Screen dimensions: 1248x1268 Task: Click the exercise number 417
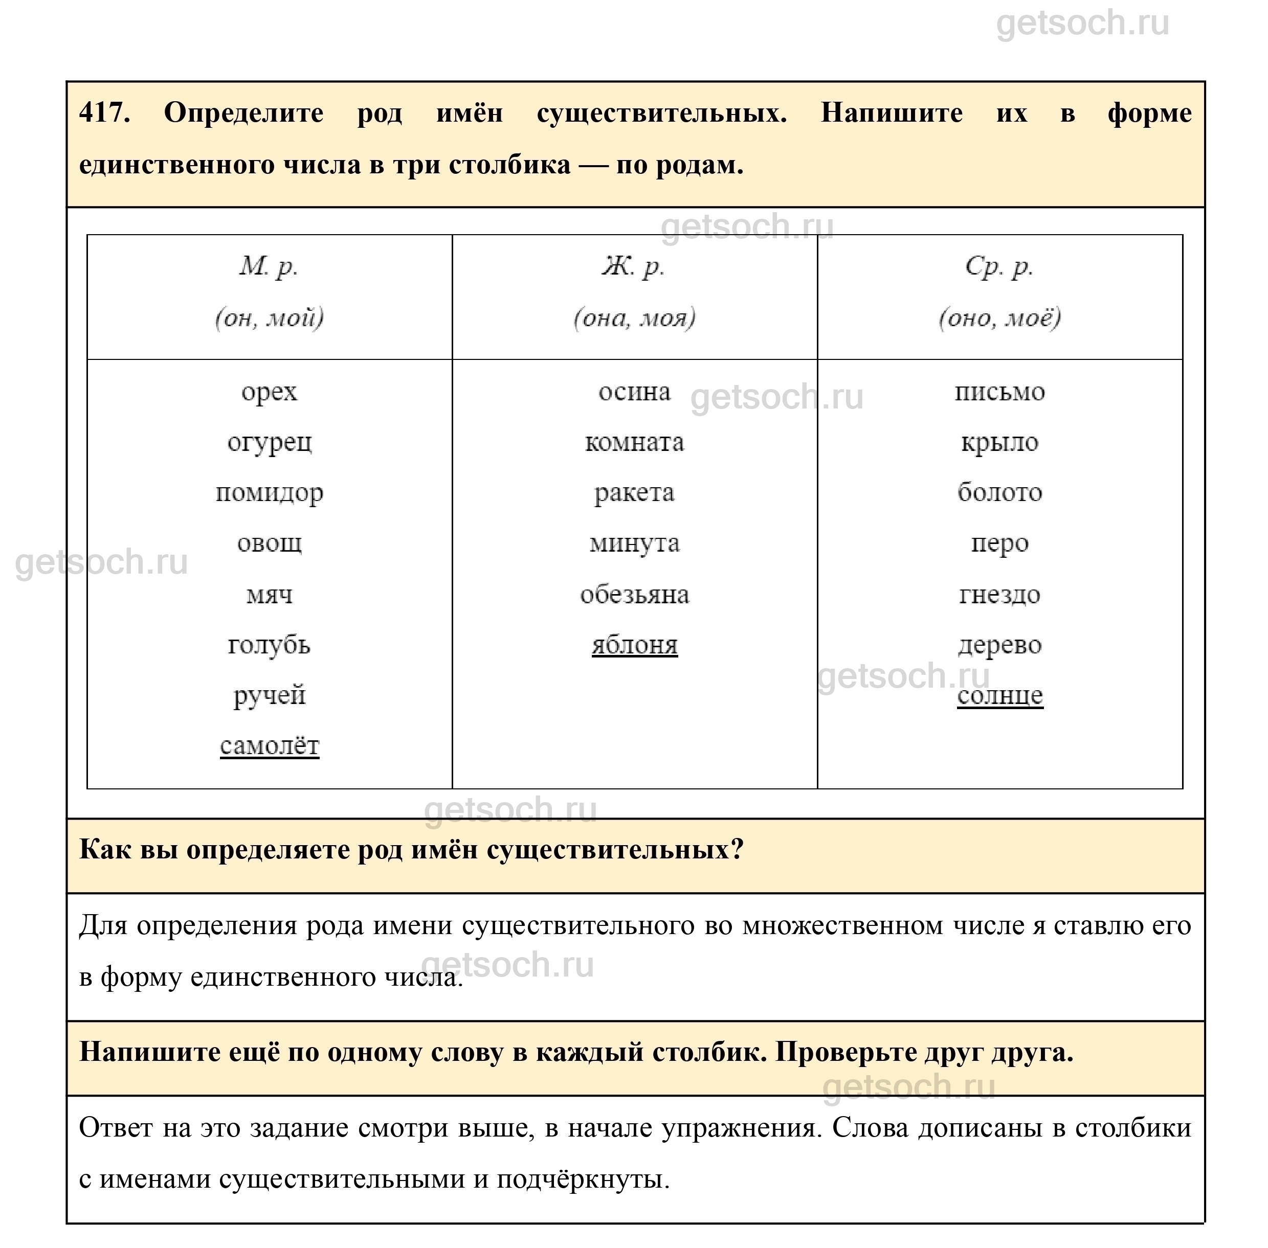(104, 114)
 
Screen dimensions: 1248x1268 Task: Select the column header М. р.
(269, 266)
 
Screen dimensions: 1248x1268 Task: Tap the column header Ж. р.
(633, 266)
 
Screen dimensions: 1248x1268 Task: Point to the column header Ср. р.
(999, 266)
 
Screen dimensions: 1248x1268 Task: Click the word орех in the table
(269, 392)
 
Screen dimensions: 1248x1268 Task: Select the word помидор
(269, 493)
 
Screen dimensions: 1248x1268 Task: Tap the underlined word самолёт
(269, 746)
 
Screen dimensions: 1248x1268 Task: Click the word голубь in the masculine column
(269, 645)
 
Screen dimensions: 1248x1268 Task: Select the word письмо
(999, 392)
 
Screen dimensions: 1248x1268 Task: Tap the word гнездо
(999, 595)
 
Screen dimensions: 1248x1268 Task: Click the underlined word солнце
(999, 695)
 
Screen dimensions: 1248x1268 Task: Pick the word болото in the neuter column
(999, 493)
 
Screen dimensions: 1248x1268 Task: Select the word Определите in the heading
(243, 114)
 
